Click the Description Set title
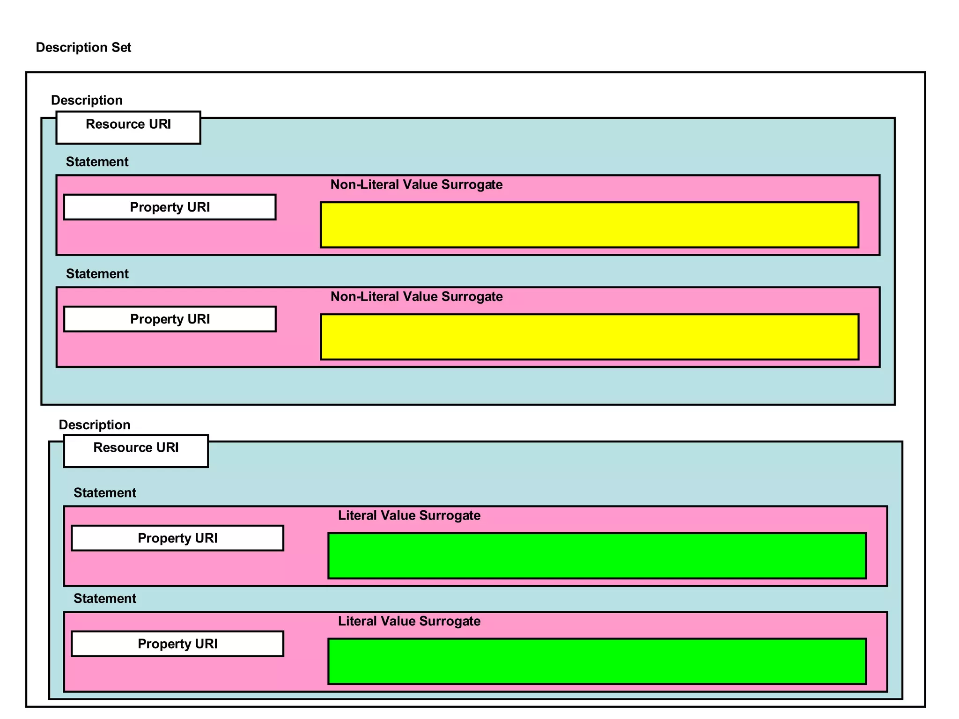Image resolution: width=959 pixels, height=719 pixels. coord(83,47)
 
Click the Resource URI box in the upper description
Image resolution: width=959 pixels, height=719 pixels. coord(128,127)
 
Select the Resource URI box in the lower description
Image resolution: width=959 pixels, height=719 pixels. coord(136,451)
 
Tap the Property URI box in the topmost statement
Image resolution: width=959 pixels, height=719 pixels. coord(170,207)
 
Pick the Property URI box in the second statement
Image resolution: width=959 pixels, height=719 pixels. coord(170,319)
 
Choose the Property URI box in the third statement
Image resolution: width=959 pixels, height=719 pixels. coord(177,538)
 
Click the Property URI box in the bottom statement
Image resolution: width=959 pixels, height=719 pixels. coord(177,644)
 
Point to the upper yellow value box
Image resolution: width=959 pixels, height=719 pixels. coord(589,225)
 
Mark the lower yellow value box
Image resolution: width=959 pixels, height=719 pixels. coord(589,337)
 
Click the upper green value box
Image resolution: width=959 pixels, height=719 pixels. coord(597,556)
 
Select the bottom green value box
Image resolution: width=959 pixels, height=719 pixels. coord(597,661)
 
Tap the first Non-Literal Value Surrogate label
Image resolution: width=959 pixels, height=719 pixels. coord(416,184)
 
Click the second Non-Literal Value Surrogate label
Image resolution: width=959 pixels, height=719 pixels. coord(416,296)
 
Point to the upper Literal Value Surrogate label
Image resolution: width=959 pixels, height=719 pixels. coord(409,515)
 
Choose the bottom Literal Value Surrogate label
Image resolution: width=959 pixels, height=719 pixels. coord(409,621)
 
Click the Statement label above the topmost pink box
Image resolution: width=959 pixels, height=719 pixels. coord(97,161)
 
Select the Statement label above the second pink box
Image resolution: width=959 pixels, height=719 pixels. coord(97,273)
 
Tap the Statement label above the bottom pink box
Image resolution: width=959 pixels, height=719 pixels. coord(105,598)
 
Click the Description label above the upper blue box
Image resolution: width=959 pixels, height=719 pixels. coord(87,100)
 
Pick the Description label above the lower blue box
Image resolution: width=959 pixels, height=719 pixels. coord(94,425)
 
